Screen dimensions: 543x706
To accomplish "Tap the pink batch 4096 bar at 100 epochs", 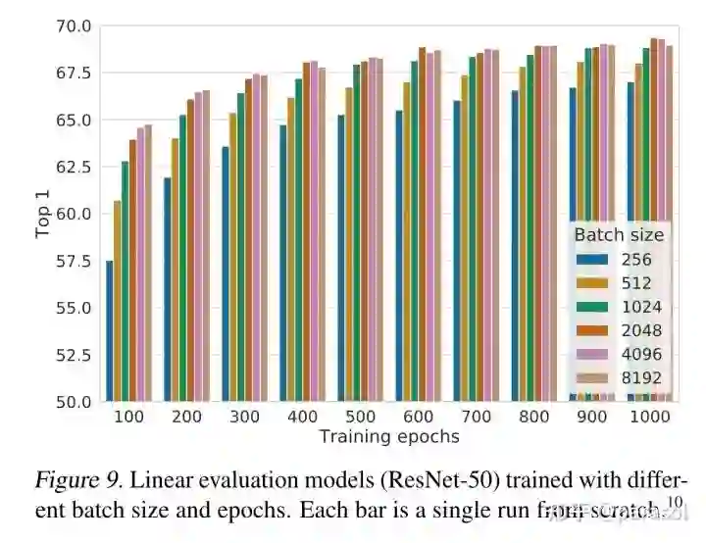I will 140,265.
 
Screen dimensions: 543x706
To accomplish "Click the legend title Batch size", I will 619,235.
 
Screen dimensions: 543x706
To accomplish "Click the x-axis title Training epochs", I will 389,437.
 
